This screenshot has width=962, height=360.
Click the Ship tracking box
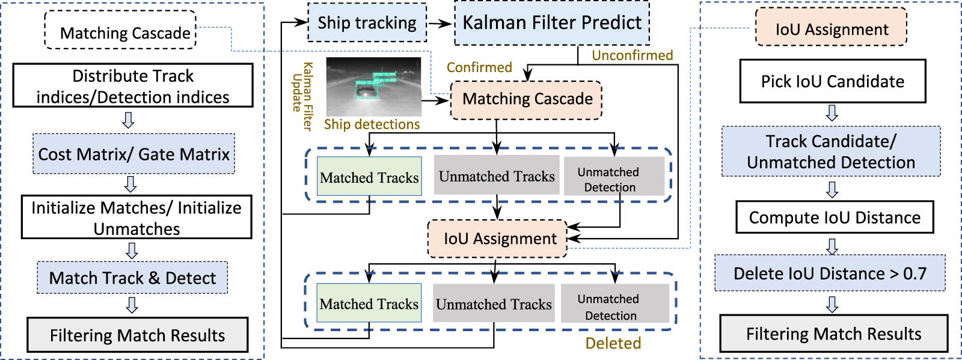pos(367,23)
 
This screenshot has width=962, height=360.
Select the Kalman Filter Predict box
pos(551,23)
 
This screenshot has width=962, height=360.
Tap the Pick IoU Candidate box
pos(832,81)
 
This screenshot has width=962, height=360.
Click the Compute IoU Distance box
pos(834,218)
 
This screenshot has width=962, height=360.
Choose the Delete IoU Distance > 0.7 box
pos(830,273)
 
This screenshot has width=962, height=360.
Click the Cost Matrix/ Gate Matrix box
pos(133,154)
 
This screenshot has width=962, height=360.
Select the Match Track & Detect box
pos(132,278)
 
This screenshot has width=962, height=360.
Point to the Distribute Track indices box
pos(133,86)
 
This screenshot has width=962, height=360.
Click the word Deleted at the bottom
pos(613,343)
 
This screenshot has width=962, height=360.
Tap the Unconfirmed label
pos(632,55)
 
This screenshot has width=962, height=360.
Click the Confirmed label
pos(479,67)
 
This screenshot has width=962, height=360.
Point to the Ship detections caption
pos(372,124)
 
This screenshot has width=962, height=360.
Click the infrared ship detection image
pos(373,87)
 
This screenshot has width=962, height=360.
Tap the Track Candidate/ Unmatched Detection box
pos(831,151)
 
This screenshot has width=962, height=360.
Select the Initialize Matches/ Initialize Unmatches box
pos(136,218)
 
